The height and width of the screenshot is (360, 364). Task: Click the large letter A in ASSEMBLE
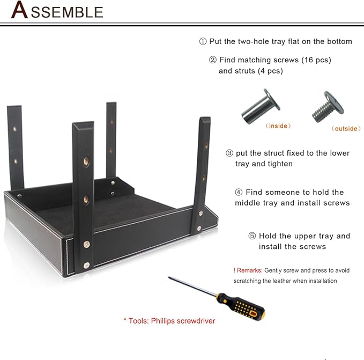click(19, 9)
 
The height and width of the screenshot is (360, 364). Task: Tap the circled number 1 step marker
click(203, 41)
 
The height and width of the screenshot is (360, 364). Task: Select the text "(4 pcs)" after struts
click(270, 71)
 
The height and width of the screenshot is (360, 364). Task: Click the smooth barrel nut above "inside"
click(261, 106)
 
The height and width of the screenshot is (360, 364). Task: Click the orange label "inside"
click(278, 126)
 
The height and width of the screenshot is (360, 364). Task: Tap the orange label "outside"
click(346, 128)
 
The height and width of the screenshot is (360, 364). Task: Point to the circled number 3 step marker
click(229, 153)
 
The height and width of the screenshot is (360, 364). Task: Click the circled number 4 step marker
click(239, 192)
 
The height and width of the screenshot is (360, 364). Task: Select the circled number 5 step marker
click(252, 236)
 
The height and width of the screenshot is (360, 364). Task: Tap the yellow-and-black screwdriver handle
click(241, 306)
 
